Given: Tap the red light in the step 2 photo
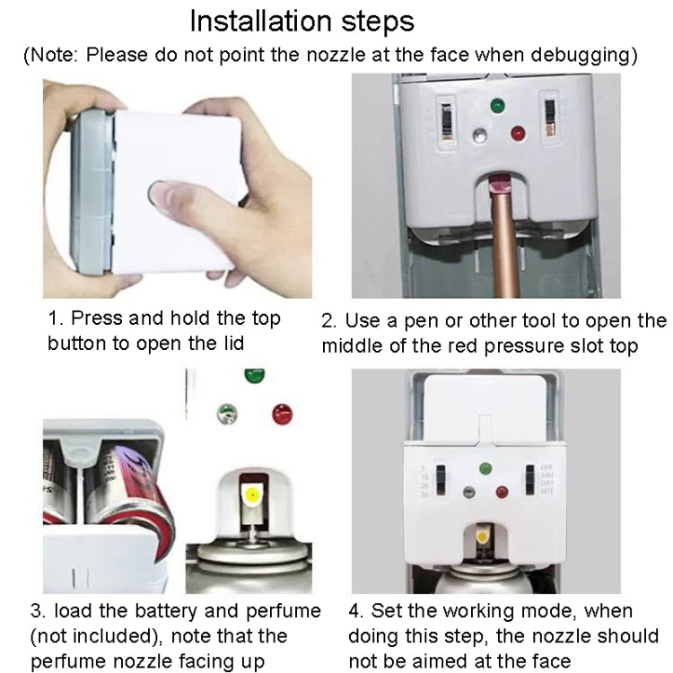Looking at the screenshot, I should tap(518, 134).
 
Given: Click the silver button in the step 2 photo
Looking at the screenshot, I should tap(480, 136).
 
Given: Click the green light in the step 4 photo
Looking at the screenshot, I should tap(485, 468).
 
